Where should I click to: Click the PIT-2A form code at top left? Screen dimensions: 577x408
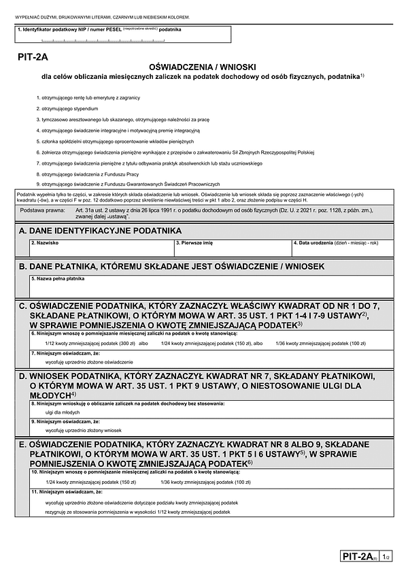[33, 59]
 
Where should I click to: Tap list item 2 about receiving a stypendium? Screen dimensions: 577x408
[69, 108]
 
